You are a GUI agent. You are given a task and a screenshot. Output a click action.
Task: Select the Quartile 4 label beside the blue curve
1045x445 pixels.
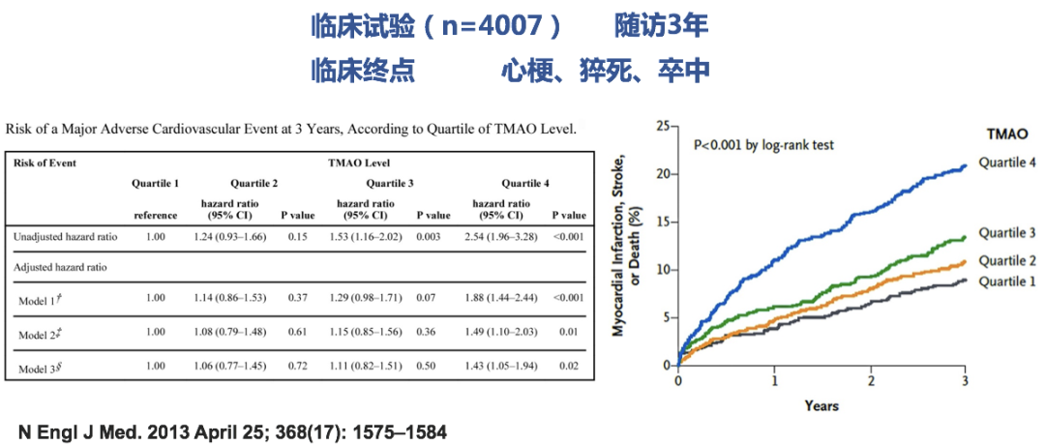(1006, 162)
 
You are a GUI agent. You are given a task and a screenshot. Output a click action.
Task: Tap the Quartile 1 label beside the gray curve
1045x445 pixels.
(1006, 281)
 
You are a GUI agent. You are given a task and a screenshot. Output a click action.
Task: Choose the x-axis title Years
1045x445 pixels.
(821, 405)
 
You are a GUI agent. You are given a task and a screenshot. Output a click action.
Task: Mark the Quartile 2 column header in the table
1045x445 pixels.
(254, 183)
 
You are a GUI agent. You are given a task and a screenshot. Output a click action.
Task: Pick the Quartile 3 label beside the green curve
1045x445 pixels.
(1006, 233)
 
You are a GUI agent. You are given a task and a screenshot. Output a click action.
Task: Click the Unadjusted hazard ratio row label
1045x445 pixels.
(66, 236)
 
